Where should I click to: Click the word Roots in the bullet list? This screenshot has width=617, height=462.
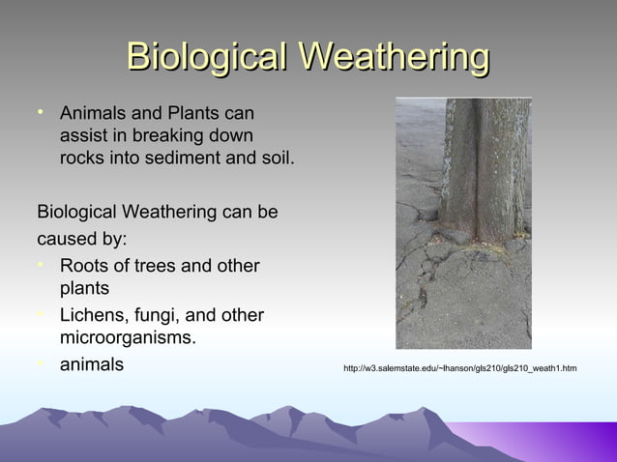pos(85,266)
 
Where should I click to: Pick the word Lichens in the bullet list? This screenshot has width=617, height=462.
pos(94,315)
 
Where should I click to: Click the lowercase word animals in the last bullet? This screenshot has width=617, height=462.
pos(91,364)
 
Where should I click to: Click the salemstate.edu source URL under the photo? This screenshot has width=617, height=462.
pos(459,368)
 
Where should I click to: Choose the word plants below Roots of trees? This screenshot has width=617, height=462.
pos(84,289)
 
